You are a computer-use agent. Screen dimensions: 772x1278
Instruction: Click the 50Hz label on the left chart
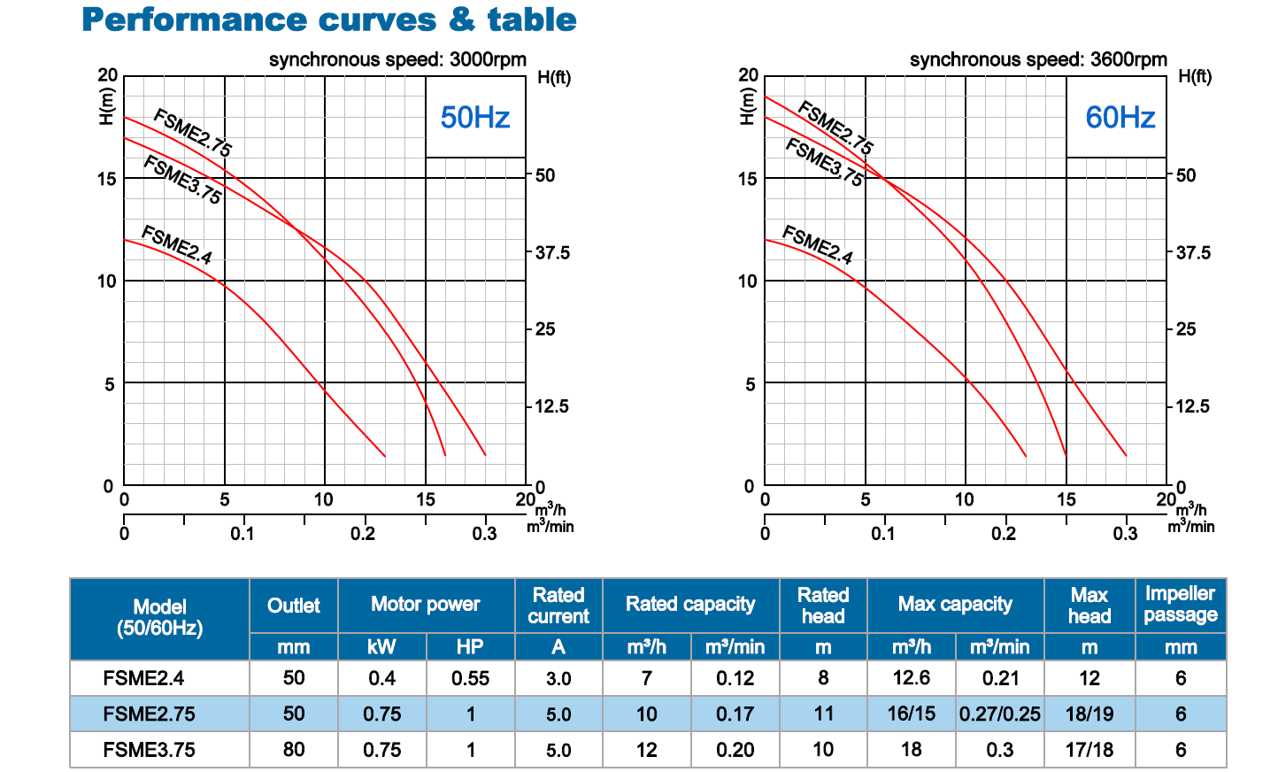[x=475, y=117]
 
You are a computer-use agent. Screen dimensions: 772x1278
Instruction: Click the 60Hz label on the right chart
[x=1120, y=117]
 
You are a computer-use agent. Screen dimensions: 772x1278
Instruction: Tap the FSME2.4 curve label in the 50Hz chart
[x=177, y=245]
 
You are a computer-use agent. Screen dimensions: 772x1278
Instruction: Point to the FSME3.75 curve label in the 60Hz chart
[x=824, y=162]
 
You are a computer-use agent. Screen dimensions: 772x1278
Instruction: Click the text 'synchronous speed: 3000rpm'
[x=397, y=59]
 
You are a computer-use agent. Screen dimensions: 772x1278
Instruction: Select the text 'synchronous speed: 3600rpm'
[x=1038, y=59]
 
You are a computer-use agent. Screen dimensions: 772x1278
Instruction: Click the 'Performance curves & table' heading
[x=329, y=19]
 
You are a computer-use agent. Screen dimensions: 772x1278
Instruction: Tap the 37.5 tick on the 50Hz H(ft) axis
[x=552, y=252]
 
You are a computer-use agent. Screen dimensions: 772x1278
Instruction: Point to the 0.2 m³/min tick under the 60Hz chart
[x=1004, y=534]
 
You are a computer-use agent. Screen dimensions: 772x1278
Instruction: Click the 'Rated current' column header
[x=558, y=606]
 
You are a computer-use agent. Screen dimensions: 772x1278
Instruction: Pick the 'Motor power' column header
[x=426, y=604]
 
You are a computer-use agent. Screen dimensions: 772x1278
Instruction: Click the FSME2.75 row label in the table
[x=149, y=714]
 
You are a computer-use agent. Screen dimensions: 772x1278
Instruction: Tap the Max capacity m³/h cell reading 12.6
[x=912, y=678]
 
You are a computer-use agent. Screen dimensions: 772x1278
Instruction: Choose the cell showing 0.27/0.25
[x=1000, y=714]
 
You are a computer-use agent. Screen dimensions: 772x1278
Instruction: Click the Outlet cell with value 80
[x=294, y=750]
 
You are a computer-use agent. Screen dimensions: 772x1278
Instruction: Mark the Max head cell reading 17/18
[x=1089, y=750]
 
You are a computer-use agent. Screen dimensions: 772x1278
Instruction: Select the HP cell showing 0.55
[x=470, y=678]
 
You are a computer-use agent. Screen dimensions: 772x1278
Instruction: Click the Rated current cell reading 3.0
[x=558, y=678]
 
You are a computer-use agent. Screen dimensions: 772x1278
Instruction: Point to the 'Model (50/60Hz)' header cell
[x=159, y=617]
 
